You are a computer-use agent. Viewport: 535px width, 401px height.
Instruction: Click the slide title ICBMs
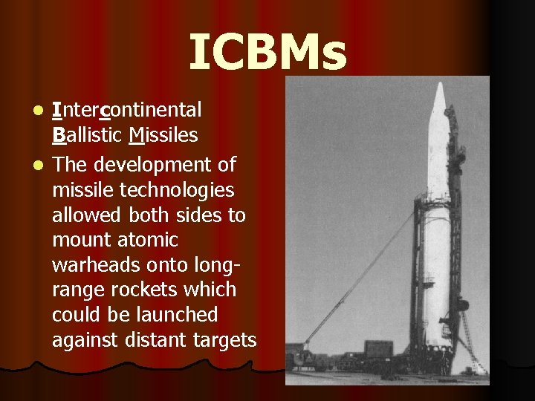point(267,53)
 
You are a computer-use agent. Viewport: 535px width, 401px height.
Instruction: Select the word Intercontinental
point(126,110)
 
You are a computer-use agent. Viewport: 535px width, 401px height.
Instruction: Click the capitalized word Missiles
point(163,135)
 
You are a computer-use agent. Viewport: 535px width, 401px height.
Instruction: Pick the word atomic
point(152,240)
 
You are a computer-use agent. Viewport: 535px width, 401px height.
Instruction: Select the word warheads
point(92,265)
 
